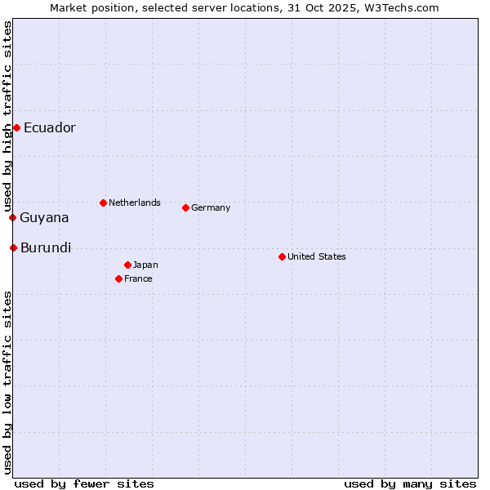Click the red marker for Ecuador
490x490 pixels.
click(x=16, y=127)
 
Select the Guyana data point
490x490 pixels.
click(x=12, y=217)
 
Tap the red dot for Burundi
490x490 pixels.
click(x=13, y=247)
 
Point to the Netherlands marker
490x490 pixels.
click(x=103, y=203)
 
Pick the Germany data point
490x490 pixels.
click(x=185, y=207)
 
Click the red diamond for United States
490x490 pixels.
click(x=282, y=256)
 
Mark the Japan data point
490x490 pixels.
click(x=127, y=265)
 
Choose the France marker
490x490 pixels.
click(x=118, y=278)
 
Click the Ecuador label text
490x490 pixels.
click(x=50, y=127)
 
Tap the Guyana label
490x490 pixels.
click(x=44, y=217)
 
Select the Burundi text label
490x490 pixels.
click(x=46, y=247)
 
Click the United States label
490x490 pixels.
click(x=317, y=256)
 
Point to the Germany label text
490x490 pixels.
click(x=211, y=207)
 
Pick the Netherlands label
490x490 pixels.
click(x=135, y=203)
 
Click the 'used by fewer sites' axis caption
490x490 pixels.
click(x=84, y=483)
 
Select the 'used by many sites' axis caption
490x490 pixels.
click(x=410, y=483)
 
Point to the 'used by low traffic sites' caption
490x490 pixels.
click(x=7, y=382)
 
